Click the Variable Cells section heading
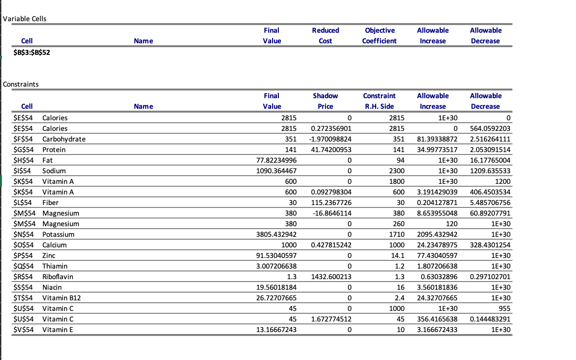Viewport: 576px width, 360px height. [25, 19]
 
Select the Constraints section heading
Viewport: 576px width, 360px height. [21, 84]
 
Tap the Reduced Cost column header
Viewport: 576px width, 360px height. [325, 36]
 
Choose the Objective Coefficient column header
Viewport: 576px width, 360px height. [379, 36]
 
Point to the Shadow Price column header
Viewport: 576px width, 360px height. [325, 101]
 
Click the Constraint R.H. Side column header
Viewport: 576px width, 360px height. [379, 101]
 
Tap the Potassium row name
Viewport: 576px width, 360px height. [58, 234]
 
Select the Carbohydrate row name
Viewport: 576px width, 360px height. [64, 139]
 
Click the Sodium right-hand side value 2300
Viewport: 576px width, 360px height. [396, 171]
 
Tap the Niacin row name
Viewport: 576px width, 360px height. [52, 287]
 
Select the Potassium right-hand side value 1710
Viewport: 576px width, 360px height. [396, 234]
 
